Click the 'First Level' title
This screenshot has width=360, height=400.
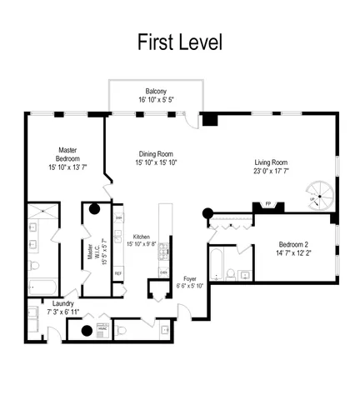[180, 42]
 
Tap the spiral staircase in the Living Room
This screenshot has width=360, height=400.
[317, 197]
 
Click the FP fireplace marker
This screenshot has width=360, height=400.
[268, 203]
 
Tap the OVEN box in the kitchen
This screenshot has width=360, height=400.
[163, 272]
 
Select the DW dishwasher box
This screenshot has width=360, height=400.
[119, 217]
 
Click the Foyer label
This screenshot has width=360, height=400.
[190, 279]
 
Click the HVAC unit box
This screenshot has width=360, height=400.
[103, 329]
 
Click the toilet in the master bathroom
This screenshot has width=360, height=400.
[34, 267]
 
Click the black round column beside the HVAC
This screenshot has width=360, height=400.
[85, 331]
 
